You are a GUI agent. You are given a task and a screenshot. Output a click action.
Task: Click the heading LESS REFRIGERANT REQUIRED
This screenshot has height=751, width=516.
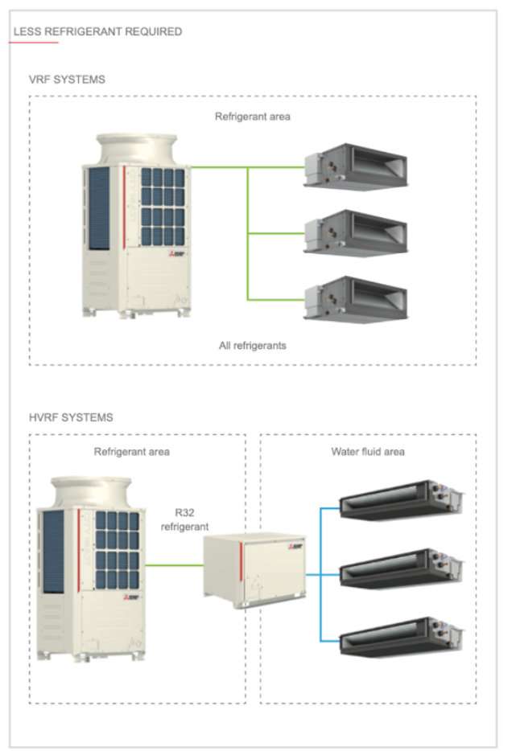pos(97,32)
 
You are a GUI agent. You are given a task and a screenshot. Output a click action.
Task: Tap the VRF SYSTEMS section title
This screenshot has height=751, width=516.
pos(67,80)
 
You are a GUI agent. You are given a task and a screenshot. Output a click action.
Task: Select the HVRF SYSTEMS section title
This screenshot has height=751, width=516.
pos(71,418)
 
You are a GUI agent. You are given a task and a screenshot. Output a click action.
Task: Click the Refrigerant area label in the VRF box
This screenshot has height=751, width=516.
pos(253,117)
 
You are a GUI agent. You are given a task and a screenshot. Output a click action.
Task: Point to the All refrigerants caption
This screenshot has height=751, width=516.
pos(253,346)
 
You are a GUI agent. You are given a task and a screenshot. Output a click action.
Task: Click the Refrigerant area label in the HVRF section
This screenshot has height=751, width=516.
pos(132,452)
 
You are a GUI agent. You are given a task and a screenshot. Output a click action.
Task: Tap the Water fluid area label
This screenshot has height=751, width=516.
pos(368,452)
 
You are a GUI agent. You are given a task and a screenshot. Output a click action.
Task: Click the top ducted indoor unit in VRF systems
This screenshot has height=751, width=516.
pos(355,166)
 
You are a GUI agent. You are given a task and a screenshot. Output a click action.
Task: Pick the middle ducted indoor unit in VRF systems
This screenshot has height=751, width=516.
pos(355,232)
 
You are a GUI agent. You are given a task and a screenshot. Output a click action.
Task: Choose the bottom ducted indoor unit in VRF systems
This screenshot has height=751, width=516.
pos(355,298)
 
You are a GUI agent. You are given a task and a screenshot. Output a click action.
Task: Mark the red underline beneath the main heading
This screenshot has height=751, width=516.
pos(33,43)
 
